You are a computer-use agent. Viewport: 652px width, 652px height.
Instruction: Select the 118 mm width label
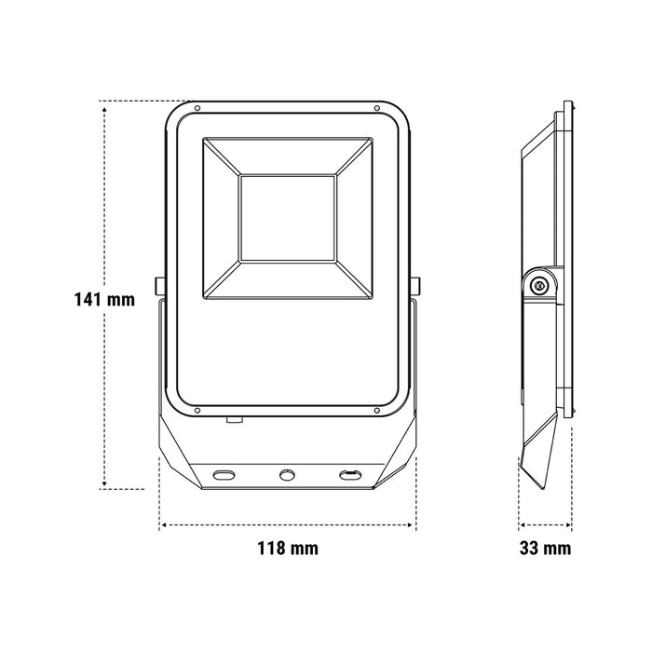point(288,549)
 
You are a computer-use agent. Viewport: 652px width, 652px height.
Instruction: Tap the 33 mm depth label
point(546,549)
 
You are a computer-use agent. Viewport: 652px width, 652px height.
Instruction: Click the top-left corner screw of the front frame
point(198,109)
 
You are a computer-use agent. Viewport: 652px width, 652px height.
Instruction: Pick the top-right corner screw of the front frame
point(376,109)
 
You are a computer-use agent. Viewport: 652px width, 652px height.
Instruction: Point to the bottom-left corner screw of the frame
point(198,410)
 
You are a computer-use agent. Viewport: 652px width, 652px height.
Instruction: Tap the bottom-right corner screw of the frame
point(376,410)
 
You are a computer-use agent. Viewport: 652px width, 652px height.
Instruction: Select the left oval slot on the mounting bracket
point(225,476)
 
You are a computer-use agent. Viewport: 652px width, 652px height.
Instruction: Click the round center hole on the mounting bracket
point(288,476)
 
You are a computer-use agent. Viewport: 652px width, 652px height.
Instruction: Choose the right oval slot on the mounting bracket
point(350,476)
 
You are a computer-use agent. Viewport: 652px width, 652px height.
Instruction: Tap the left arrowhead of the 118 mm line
point(164,525)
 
